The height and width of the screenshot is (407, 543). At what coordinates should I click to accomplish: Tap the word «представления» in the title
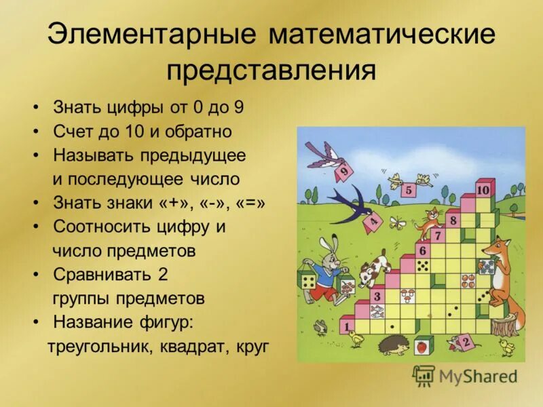point(271,69)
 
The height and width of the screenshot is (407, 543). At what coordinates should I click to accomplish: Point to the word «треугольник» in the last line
point(100,347)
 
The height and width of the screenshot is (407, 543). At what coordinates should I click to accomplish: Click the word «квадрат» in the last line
point(195,347)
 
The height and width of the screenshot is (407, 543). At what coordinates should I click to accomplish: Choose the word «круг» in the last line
point(253,347)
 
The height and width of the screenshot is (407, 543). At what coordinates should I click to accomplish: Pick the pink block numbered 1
point(348,326)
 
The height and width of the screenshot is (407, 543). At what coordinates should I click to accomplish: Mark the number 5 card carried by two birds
point(408,189)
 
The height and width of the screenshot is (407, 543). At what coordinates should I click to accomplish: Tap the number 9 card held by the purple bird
point(343,172)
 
